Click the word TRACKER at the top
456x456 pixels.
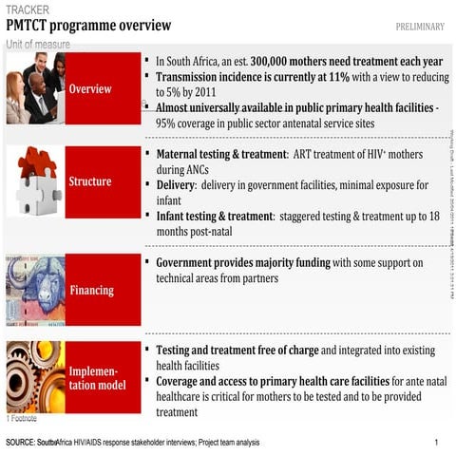pos(28,9)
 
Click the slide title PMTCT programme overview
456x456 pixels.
pos(88,26)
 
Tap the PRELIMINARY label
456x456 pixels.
pos(419,26)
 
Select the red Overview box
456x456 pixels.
pos(103,88)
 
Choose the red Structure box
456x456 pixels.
pos(103,181)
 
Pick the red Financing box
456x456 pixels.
pos(103,290)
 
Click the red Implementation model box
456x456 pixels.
pos(103,377)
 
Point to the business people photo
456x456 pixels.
pos(33,88)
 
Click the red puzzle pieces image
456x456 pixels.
pos(35,180)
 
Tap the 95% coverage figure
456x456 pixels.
pos(167,123)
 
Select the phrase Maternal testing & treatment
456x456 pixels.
pos(220,154)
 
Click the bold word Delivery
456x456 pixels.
pos(174,185)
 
